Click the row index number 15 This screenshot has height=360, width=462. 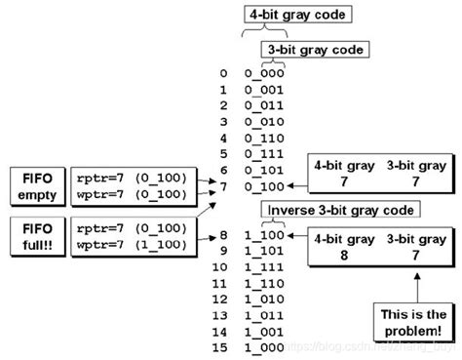pyautogui.click(x=224, y=346)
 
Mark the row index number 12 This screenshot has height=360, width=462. pyautogui.click(x=224, y=299)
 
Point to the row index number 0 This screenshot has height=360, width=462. pyautogui.click(x=226, y=73)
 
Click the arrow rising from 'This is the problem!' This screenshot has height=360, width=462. pyautogui.click(x=419, y=289)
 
